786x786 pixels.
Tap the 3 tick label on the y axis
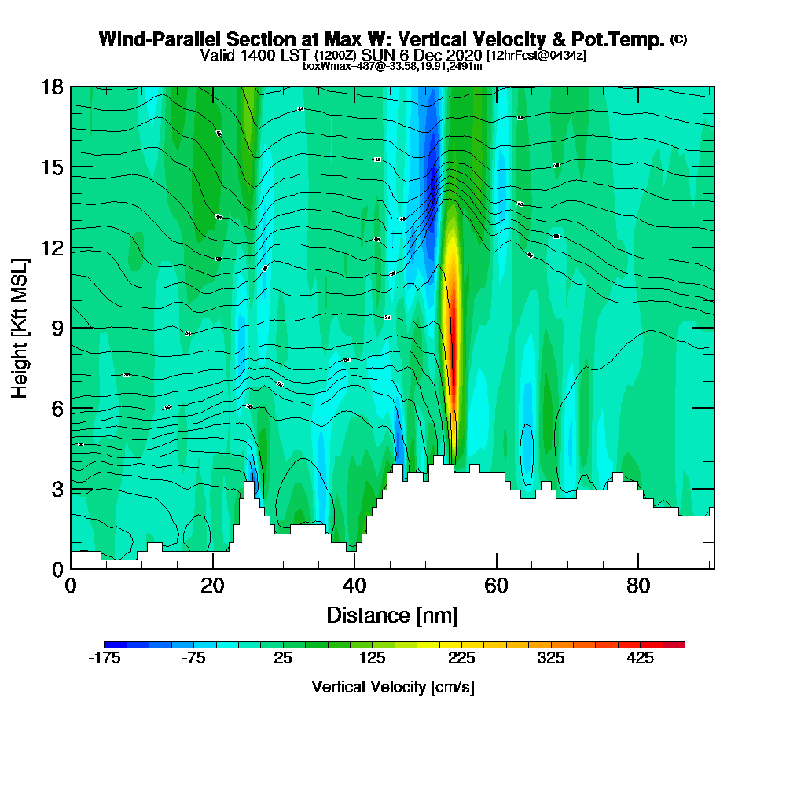57,489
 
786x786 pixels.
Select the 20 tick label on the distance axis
212,586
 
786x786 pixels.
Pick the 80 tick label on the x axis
637,586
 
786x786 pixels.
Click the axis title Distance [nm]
392,615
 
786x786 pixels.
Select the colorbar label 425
641,659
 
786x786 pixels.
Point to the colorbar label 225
461,659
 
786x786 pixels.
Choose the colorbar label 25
283,659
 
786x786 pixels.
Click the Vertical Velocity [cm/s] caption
392,687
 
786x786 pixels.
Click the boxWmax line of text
392,66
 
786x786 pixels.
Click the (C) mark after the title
678,39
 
